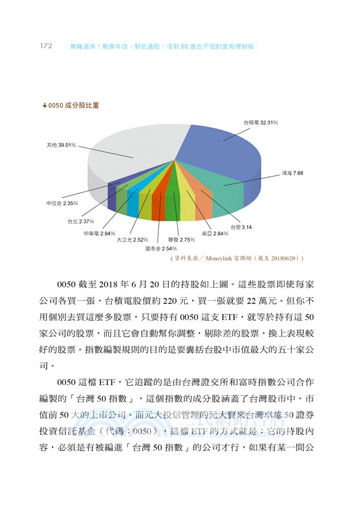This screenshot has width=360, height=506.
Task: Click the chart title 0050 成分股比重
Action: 74,106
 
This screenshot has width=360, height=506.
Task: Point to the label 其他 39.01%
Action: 61,145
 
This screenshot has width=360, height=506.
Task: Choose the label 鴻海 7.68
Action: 292,172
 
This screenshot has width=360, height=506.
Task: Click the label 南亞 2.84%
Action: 214,234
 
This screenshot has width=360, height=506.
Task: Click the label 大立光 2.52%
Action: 132,240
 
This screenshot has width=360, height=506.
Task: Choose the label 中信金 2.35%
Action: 62,204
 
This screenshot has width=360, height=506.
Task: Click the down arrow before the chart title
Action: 44,106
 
